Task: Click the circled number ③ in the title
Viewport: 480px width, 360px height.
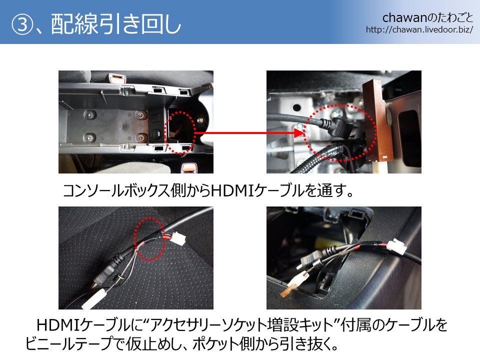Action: (x=22, y=25)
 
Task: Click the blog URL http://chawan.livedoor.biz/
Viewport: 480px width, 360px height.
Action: (x=419, y=29)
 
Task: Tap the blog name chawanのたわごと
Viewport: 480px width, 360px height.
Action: (x=427, y=18)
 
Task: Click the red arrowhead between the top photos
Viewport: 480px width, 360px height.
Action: (x=299, y=133)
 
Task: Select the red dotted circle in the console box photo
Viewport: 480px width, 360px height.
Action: (x=179, y=132)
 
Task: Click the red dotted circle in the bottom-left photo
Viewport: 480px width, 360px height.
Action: (x=149, y=239)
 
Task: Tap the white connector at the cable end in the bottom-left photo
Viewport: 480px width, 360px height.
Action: (x=95, y=298)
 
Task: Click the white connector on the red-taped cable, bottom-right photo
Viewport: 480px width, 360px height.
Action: (x=396, y=247)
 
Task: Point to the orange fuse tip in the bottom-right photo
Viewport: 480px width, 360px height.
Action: (x=286, y=291)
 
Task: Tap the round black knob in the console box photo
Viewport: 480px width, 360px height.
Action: (x=156, y=133)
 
